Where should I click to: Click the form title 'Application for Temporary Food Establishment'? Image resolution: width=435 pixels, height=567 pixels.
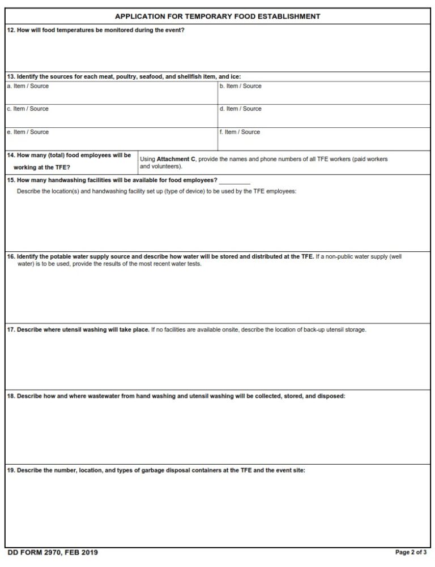coord(217,16)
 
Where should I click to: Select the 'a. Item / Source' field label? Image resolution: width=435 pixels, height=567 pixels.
coord(27,86)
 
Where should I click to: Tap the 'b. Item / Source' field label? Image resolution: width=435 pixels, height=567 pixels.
coord(240,86)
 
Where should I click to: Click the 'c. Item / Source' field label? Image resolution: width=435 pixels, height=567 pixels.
coord(27,109)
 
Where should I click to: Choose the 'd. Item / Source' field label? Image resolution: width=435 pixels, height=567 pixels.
coord(240,109)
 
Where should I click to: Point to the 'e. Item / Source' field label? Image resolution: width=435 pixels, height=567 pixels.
coord(27,132)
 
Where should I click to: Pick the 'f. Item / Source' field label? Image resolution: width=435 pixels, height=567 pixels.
coord(240,132)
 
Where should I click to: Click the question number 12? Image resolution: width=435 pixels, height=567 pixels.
coord(11,30)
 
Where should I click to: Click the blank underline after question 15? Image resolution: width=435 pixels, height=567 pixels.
coord(234,182)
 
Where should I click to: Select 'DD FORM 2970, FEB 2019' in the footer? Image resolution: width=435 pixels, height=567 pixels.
coord(48,552)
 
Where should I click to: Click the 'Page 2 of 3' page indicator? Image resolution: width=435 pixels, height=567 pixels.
coord(412,552)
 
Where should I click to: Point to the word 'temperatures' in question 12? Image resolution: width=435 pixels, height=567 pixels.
coord(59,30)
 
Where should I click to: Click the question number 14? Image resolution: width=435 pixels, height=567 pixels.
coord(11,155)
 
